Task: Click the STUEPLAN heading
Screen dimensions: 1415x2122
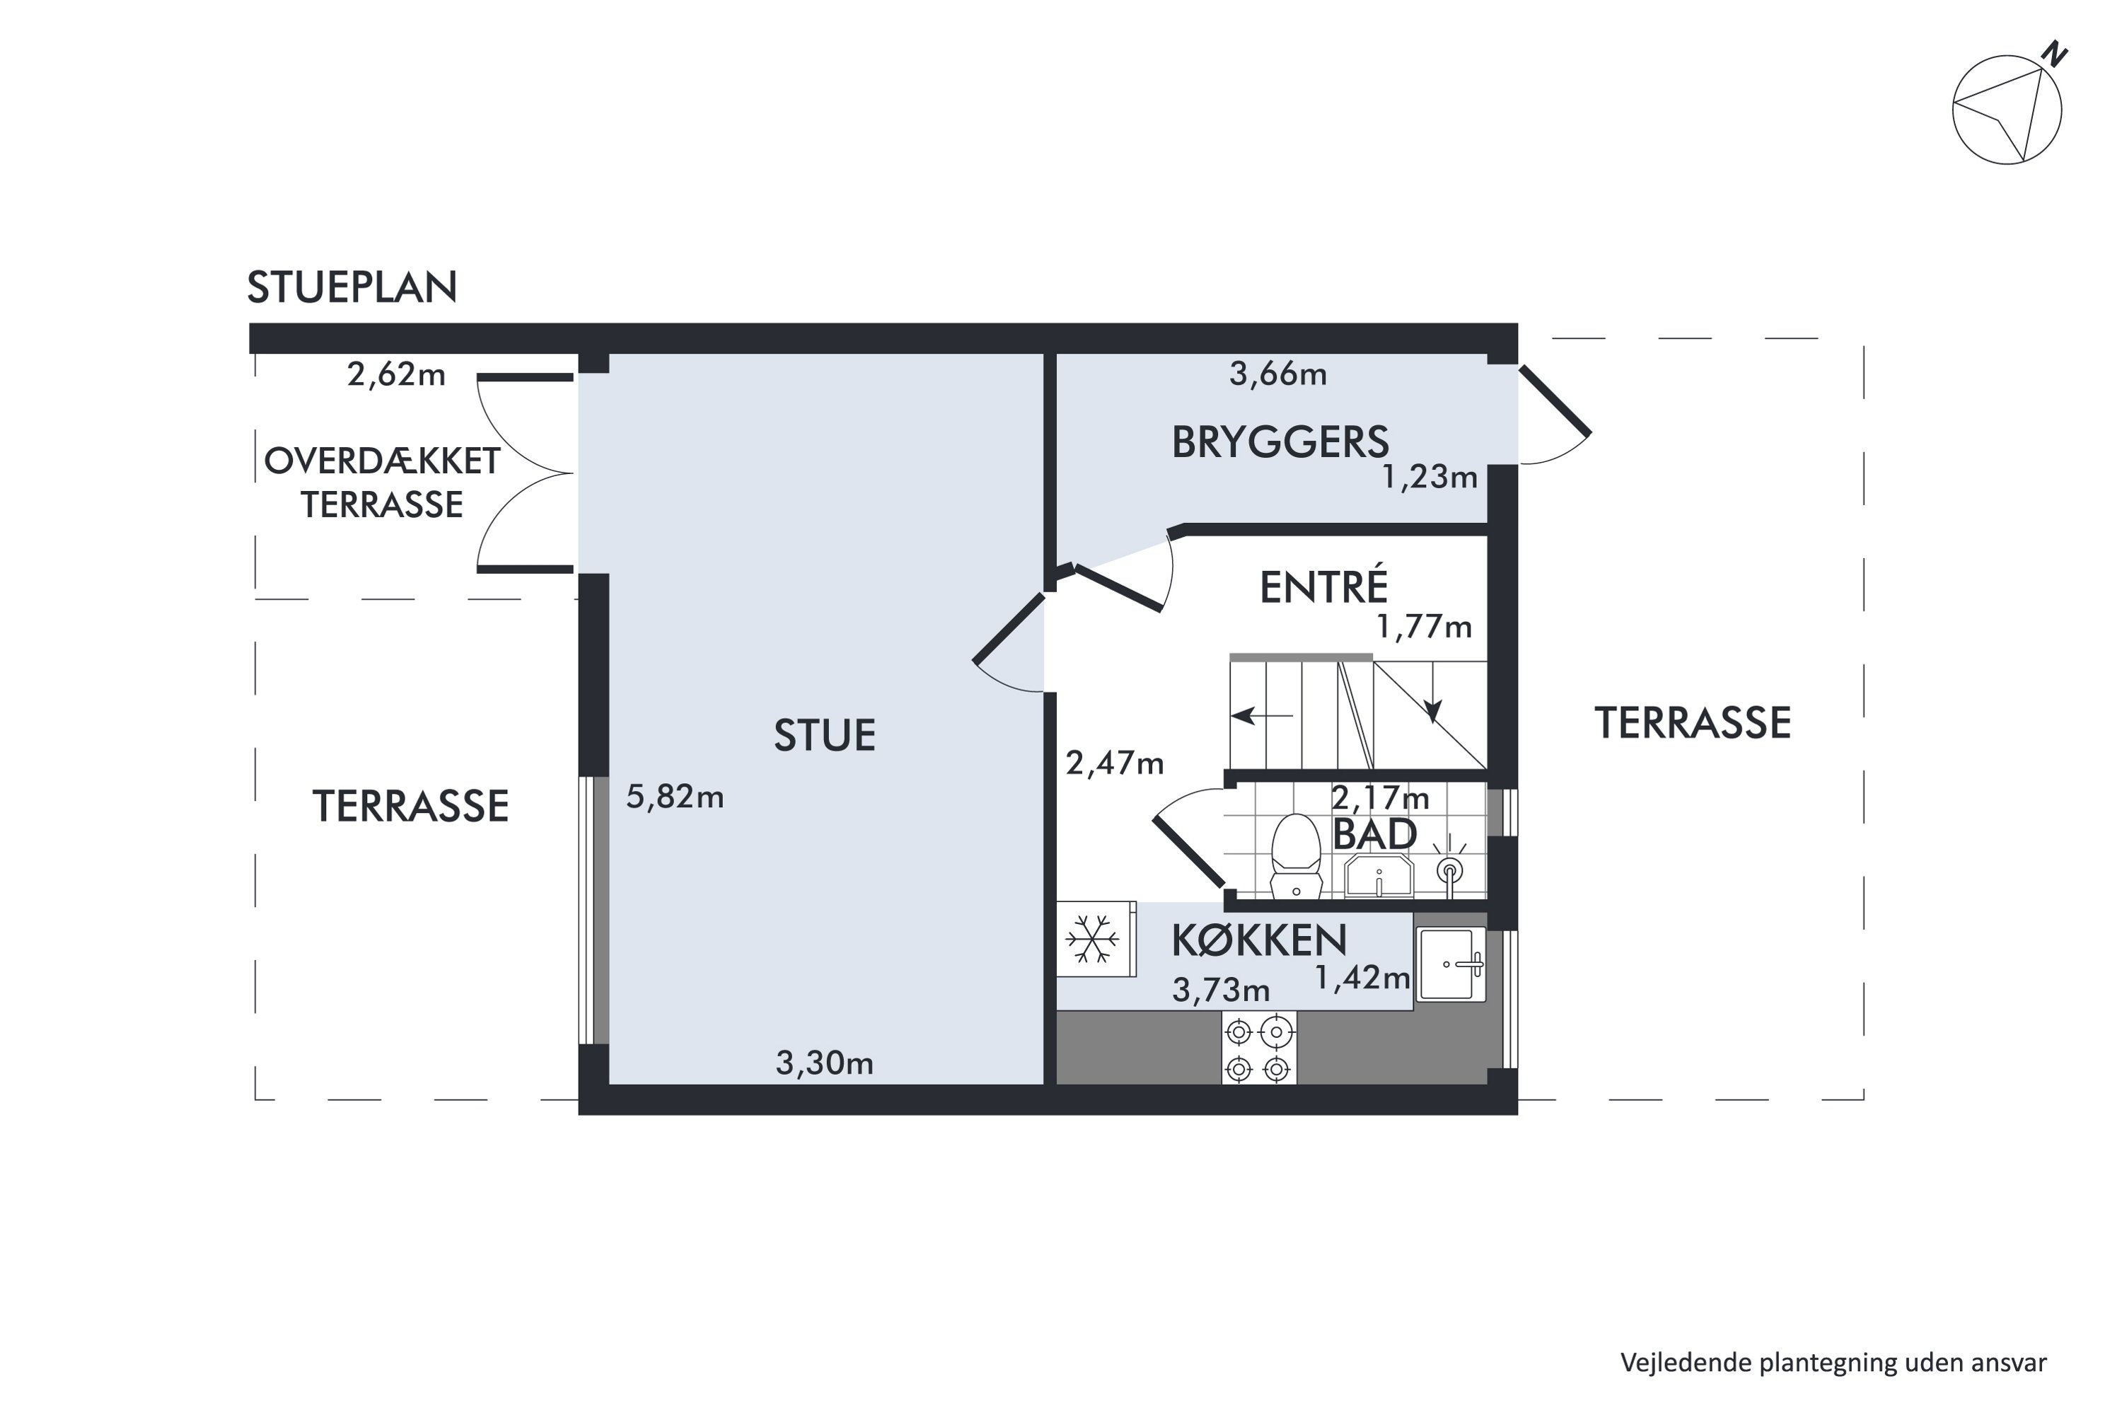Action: click(352, 287)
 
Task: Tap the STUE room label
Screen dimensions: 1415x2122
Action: click(824, 736)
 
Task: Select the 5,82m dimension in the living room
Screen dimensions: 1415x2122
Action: click(675, 797)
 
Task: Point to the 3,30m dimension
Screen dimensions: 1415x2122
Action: click(824, 1063)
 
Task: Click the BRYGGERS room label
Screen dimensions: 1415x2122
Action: click(1280, 442)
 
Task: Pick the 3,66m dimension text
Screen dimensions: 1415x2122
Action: click(1277, 374)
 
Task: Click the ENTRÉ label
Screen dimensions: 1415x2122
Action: click(1323, 587)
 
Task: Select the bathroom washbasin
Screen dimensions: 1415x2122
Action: click(1379, 875)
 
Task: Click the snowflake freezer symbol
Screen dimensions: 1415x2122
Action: click(1093, 939)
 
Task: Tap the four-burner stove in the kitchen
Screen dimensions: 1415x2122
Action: click(1258, 1049)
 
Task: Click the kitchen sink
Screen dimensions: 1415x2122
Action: click(1451, 964)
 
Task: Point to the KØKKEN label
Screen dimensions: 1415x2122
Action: click(1258, 941)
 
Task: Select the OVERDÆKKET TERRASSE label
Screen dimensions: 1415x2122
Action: click(382, 483)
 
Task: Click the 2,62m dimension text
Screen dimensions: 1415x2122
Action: click(396, 374)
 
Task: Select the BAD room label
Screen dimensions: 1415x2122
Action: click(1374, 835)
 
